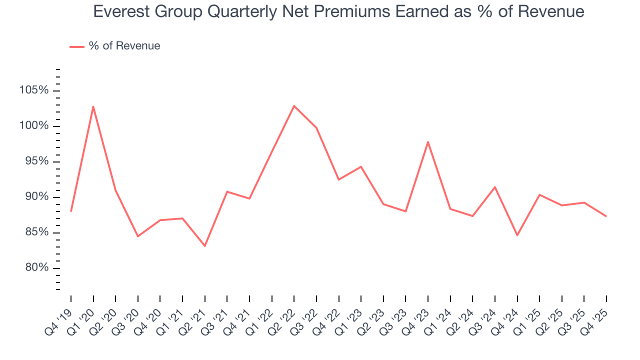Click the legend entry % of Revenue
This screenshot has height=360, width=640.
point(124,46)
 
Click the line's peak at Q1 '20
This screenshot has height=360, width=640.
point(93,106)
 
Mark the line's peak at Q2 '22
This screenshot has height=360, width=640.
point(294,106)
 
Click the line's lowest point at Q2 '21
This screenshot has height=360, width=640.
point(204,246)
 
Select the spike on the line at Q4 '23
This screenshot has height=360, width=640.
point(428,142)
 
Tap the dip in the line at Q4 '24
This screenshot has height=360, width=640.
point(517,235)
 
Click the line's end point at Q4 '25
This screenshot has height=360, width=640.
point(606,216)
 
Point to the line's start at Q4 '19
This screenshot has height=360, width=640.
point(71,211)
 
